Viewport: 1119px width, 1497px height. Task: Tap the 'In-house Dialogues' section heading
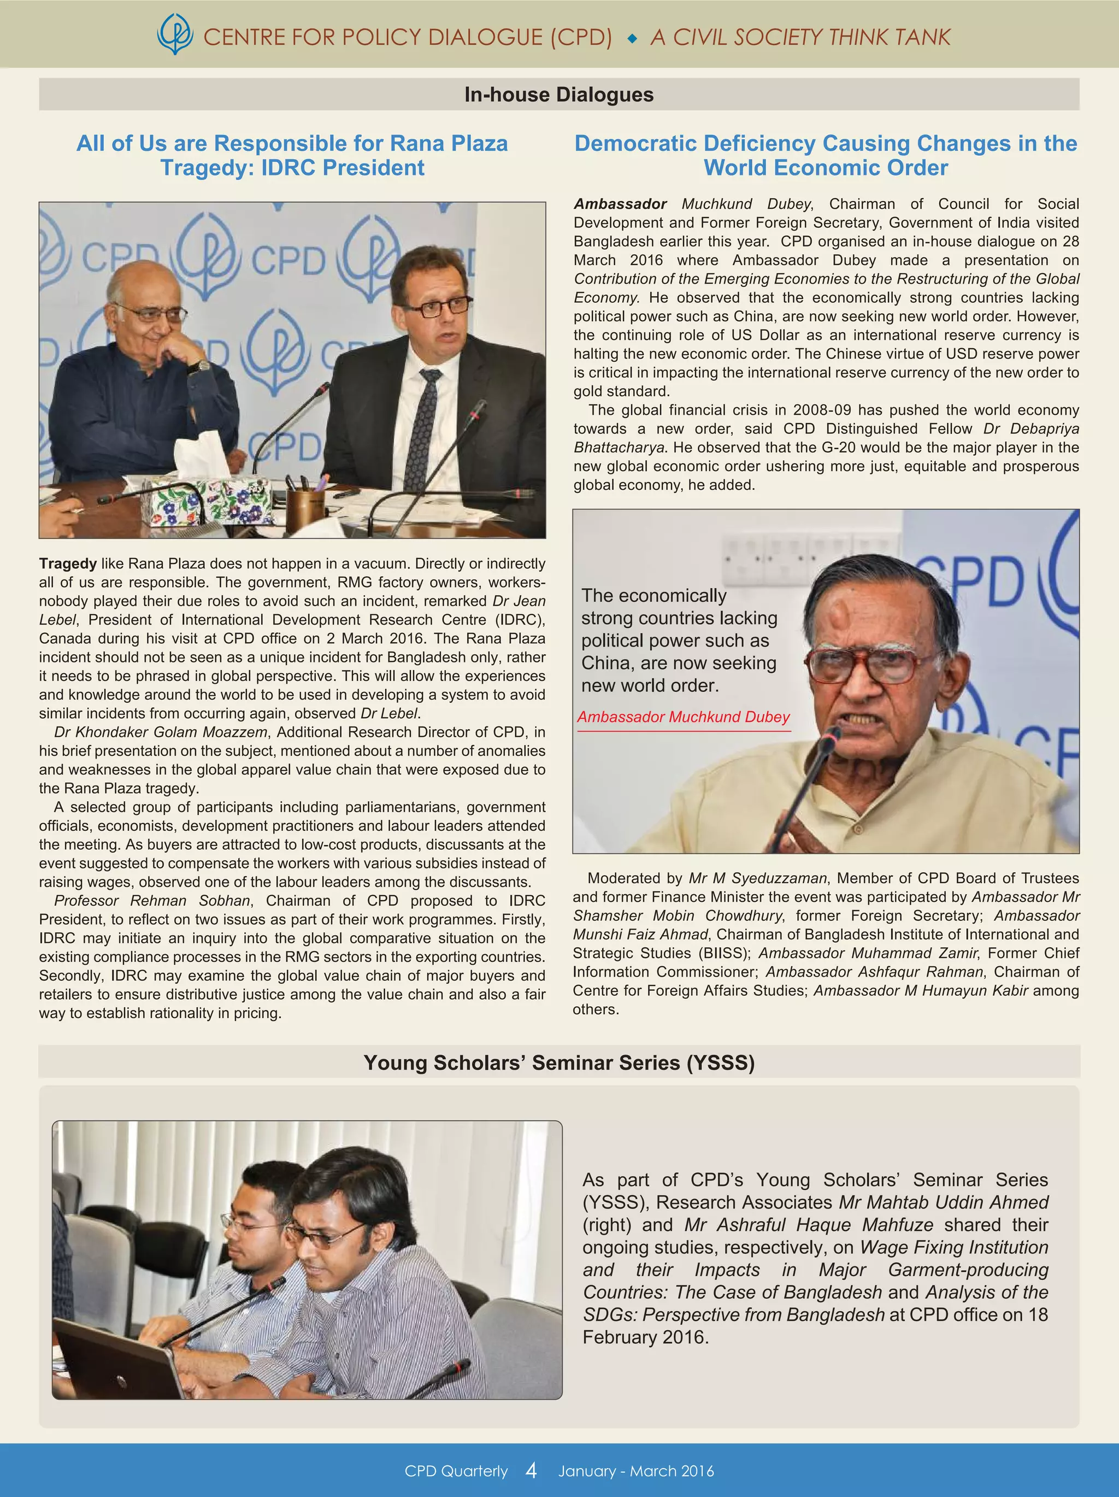pyautogui.click(x=559, y=95)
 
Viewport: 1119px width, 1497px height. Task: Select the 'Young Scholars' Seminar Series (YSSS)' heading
pyautogui.click(x=559, y=1062)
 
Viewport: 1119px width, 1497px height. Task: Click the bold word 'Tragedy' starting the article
pyautogui.click(x=68, y=563)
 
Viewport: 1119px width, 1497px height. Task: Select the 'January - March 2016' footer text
pyautogui.click(x=636, y=1471)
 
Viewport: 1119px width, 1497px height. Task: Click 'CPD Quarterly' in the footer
pyautogui.click(x=456, y=1471)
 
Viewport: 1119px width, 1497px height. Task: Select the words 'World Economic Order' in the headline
pyautogui.click(x=826, y=168)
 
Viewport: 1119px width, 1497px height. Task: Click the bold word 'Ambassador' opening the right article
pyautogui.click(x=620, y=204)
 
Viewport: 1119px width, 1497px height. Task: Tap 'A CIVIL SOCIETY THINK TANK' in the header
pyautogui.click(x=800, y=37)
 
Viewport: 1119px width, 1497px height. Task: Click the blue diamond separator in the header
pyautogui.click(x=632, y=39)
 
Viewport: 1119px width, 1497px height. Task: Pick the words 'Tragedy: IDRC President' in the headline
pyautogui.click(x=292, y=168)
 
